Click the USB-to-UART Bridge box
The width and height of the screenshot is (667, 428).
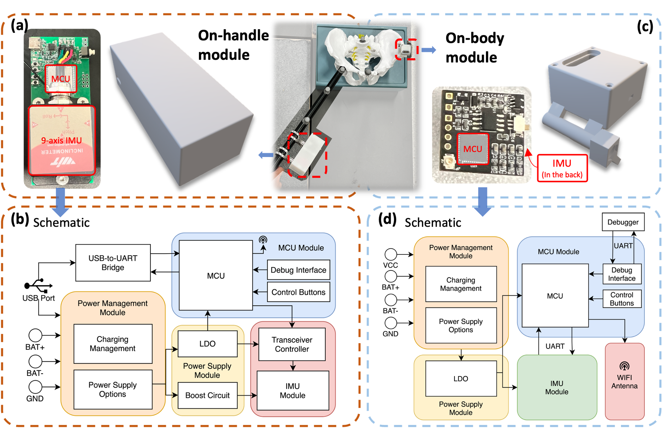(113, 263)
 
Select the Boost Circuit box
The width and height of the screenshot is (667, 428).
(207, 395)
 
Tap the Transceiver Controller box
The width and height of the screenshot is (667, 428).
(292, 344)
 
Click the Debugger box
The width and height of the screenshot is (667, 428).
(623, 222)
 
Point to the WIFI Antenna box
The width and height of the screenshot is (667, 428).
(624, 381)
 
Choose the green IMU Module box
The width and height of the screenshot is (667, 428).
(557, 387)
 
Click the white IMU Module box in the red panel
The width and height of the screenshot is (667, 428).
(293, 390)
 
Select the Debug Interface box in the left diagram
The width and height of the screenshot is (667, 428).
(298, 270)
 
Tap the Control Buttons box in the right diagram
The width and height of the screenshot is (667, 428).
(622, 299)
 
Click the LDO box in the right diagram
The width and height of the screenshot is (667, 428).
(461, 379)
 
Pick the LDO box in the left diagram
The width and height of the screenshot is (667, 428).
(207, 344)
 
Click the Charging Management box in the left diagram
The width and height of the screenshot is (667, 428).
(113, 344)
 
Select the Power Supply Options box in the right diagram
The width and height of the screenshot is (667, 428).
(461, 325)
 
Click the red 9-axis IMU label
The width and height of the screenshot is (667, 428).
(61, 140)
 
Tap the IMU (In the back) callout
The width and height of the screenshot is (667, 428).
(562, 168)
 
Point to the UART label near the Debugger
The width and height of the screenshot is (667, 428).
(623, 246)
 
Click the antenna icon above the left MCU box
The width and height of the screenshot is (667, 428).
(263, 240)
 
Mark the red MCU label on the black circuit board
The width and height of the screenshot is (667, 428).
(472, 149)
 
